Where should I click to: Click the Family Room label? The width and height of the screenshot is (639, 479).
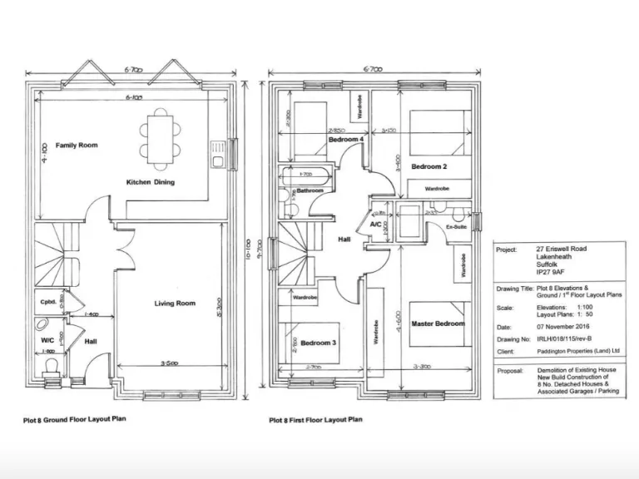tap(77, 146)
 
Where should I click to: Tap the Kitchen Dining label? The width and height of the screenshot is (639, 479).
tap(150, 182)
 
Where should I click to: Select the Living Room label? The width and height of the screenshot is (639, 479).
tap(175, 304)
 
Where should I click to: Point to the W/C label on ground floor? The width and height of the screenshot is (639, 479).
tap(47, 339)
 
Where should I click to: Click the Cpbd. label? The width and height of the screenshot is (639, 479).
tap(47, 302)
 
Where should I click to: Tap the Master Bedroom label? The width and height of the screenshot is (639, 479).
tap(438, 323)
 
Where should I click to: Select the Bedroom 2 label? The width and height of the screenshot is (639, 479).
tap(428, 167)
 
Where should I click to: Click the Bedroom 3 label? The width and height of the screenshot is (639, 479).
tap(318, 343)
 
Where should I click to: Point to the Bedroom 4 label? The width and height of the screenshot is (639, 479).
tap(345, 140)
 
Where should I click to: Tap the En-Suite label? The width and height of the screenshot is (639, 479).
tap(455, 226)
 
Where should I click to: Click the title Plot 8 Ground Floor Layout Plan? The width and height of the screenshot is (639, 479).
tap(74, 420)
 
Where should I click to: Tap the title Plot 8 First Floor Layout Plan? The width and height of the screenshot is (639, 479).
tap(315, 420)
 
